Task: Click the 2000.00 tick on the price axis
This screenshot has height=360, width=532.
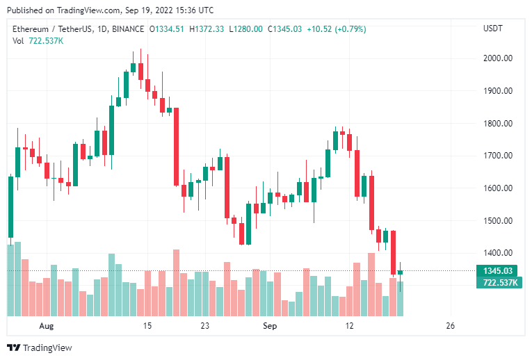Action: pyautogui.click(x=497, y=58)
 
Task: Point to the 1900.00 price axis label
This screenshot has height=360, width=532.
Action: pyautogui.click(x=497, y=91)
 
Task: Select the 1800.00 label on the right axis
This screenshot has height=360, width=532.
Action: pyautogui.click(x=497, y=124)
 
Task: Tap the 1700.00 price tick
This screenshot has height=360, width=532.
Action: pyautogui.click(x=497, y=156)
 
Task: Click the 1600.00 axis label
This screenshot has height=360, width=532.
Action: pyautogui.click(x=497, y=188)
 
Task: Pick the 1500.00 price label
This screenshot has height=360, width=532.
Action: pyautogui.click(x=497, y=221)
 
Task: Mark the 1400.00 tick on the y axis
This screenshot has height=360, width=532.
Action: pyautogui.click(x=497, y=253)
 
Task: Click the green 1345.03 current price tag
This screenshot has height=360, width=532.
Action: pyautogui.click(x=497, y=270)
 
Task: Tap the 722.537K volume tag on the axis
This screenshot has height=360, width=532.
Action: pyautogui.click(x=497, y=282)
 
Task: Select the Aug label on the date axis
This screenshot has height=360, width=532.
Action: pyautogui.click(x=46, y=326)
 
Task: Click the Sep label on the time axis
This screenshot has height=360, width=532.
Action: pyautogui.click(x=270, y=326)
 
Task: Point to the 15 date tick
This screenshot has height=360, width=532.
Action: pyautogui.click(x=147, y=326)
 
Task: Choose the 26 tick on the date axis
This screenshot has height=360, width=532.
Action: pyautogui.click(x=450, y=326)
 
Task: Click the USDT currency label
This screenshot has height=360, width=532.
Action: pyautogui.click(x=494, y=28)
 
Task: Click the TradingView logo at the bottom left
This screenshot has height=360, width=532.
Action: pyautogui.click(x=40, y=347)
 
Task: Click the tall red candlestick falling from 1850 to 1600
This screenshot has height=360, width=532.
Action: pyautogui.click(x=176, y=147)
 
